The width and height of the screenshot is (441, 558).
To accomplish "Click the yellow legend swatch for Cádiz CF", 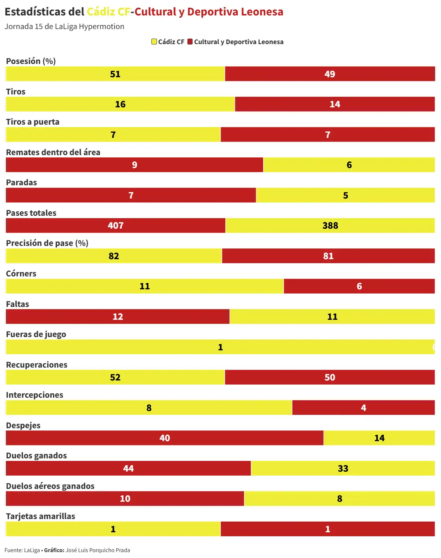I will (154, 42).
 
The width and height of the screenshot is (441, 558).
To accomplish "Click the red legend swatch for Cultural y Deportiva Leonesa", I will (190, 42).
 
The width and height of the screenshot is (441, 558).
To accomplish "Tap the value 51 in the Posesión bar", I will (115, 74).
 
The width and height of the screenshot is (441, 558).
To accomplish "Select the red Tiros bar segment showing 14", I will (334, 104).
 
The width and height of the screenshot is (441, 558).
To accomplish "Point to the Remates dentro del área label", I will (53, 152).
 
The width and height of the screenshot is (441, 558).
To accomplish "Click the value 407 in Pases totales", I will (115, 226).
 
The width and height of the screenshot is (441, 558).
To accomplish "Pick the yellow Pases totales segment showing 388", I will (330, 226).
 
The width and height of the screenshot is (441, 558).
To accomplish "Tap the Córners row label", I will (21, 273).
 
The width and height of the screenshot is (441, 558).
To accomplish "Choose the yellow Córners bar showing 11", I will (145, 286).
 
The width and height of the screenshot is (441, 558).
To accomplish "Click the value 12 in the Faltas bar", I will (118, 317).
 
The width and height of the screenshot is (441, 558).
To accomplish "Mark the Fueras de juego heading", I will (36, 334).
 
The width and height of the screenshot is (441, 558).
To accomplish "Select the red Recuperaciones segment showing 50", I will (330, 378).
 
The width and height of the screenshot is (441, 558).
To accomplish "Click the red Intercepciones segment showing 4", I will (363, 408).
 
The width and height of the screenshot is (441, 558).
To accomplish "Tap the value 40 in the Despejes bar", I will (165, 438).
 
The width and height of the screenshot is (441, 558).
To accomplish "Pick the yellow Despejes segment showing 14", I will (379, 438).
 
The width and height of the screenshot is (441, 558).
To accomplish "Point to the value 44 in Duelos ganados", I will (128, 469).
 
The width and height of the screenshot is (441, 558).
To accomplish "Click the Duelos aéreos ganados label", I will (50, 486).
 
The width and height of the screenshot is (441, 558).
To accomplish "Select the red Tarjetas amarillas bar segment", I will (327, 529).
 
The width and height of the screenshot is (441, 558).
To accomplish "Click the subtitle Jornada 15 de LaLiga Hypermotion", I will (64, 26).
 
